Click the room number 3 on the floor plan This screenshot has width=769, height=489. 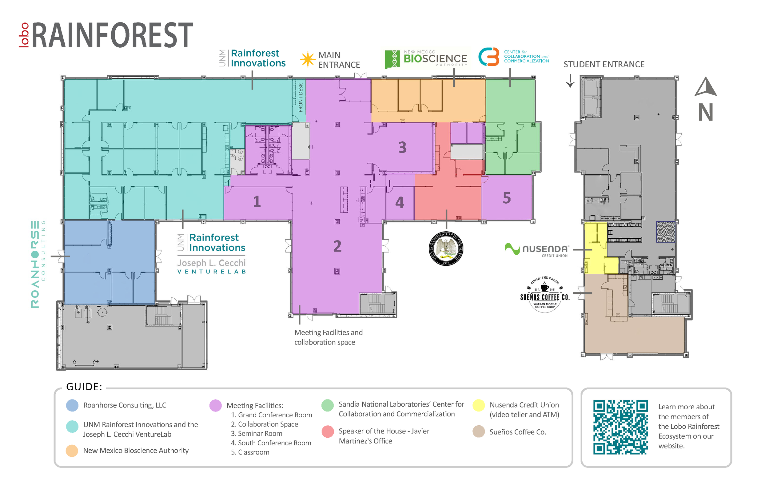402,148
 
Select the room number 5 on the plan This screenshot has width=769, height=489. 507,198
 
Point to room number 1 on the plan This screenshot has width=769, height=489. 257,202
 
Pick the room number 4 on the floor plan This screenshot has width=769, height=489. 399,202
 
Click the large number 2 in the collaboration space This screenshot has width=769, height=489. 337,246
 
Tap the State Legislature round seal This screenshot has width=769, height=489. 446,248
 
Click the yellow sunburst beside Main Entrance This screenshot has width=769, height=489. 308,59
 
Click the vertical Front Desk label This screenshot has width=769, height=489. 301,97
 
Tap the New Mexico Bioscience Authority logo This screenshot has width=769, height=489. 426,58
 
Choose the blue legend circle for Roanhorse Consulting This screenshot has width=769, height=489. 72,405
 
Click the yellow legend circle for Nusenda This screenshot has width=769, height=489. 478,405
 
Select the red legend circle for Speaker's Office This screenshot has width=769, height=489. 328,431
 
